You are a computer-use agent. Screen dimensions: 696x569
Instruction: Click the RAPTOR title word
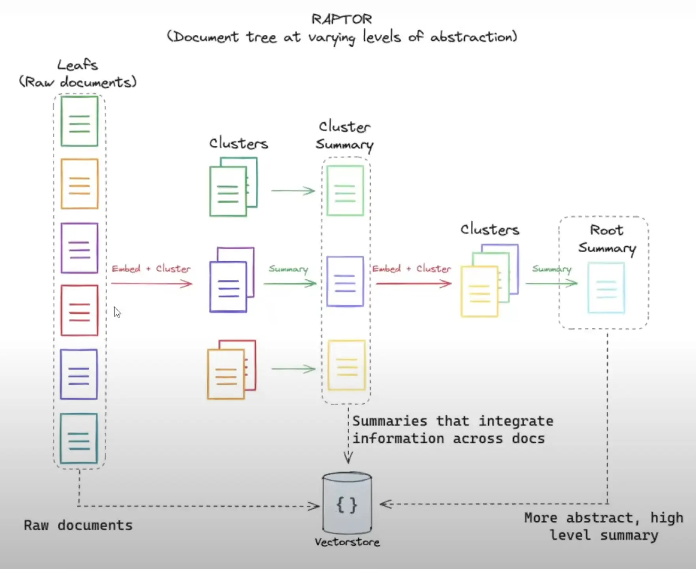click(x=342, y=19)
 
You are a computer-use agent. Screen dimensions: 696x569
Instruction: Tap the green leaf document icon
click(x=79, y=121)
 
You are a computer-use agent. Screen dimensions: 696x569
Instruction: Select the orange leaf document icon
click(x=79, y=183)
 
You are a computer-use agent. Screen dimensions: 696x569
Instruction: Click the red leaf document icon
click(x=79, y=310)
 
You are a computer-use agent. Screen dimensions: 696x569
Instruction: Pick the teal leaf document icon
click(x=79, y=438)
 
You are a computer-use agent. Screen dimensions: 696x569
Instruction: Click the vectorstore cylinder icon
click(x=347, y=503)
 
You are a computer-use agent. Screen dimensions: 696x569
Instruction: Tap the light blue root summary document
click(x=606, y=288)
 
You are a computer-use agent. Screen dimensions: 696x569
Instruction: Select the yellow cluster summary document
click(x=347, y=365)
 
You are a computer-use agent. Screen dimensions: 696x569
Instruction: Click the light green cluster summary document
click(x=345, y=191)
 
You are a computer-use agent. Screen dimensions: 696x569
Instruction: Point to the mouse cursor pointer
click(x=117, y=312)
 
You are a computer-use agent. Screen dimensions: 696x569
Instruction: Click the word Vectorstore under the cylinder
click(x=347, y=542)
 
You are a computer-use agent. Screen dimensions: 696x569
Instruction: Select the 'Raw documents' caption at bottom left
click(x=78, y=525)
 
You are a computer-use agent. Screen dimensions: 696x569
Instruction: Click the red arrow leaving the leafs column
click(x=152, y=283)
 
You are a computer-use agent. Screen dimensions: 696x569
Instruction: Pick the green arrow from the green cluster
click(x=293, y=191)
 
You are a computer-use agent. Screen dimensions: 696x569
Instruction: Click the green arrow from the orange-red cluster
click(x=294, y=369)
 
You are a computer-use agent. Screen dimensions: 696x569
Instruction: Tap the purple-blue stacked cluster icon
click(x=232, y=280)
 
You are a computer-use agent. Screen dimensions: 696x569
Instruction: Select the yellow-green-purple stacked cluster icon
click(x=490, y=281)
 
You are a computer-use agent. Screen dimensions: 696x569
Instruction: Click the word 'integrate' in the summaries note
click(x=516, y=421)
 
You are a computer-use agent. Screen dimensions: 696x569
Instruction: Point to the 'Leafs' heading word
click(x=78, y=65)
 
